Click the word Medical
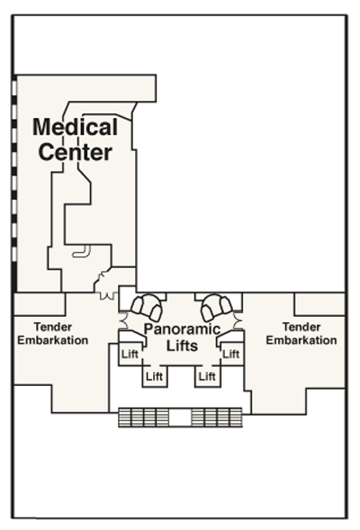[75, 127]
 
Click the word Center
[75, 152]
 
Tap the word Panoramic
[182, 329]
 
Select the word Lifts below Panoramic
[182, 346]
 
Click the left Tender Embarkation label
[53, 334]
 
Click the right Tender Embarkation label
[301, 334]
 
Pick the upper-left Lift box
[130, 354]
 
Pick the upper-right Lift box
[231, 354]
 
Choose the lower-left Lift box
[155, 376]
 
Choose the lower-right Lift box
[207, 376]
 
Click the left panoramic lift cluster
[147, 307]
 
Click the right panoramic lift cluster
[217, 307]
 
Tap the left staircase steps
[144, 418]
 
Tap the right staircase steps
[217, 418]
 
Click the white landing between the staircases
[180, 418]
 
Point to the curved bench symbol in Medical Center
[82, 252]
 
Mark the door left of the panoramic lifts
[123, 320]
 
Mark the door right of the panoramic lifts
[238, 320]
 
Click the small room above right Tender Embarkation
[319, 304]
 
